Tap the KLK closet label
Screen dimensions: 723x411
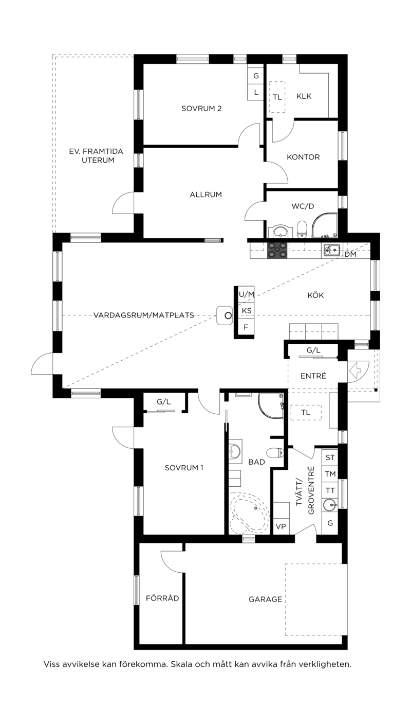pos(304,96)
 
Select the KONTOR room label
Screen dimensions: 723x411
pos(303,157)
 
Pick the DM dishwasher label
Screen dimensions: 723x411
pos(350,254)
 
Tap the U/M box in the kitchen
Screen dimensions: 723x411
pos(247,294)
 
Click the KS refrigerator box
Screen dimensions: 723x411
pos(247,311)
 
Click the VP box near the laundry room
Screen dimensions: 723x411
pos(281,526)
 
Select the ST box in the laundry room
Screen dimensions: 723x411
pos(330,457)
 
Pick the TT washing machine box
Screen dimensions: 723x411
pos(330,490)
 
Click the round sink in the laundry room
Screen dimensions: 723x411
pos(329,505)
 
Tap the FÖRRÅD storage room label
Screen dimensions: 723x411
pos(162,598)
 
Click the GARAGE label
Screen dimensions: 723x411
pos(266,599)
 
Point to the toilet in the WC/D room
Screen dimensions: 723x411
pos(302,227)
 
